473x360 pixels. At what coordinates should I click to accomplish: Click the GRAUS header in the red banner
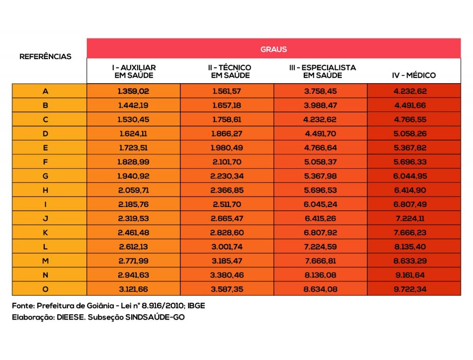pos(273,49)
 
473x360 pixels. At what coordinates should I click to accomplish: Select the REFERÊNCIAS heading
pos(45,56)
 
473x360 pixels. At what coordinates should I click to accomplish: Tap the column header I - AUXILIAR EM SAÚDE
pos(134,72)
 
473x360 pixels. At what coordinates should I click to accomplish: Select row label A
pos(45,91)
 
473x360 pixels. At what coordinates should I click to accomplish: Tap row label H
pos(45,190)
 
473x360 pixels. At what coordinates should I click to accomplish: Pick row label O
pos(45,289)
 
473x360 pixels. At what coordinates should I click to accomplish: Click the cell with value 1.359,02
pos(133,91)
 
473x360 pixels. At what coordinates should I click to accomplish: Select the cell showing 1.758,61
pos(227,119)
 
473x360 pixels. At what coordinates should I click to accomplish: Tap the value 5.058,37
pos(320,162)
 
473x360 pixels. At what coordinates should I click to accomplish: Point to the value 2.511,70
pos(227,204)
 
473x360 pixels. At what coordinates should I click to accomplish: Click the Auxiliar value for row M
pos(133,261)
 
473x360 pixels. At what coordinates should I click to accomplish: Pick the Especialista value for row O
pos(320,289)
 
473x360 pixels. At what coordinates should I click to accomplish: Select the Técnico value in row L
pos(227,246)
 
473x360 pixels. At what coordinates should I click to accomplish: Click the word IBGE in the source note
pos(196,306)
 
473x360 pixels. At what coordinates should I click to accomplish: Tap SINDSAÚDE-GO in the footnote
pos(155,318)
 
